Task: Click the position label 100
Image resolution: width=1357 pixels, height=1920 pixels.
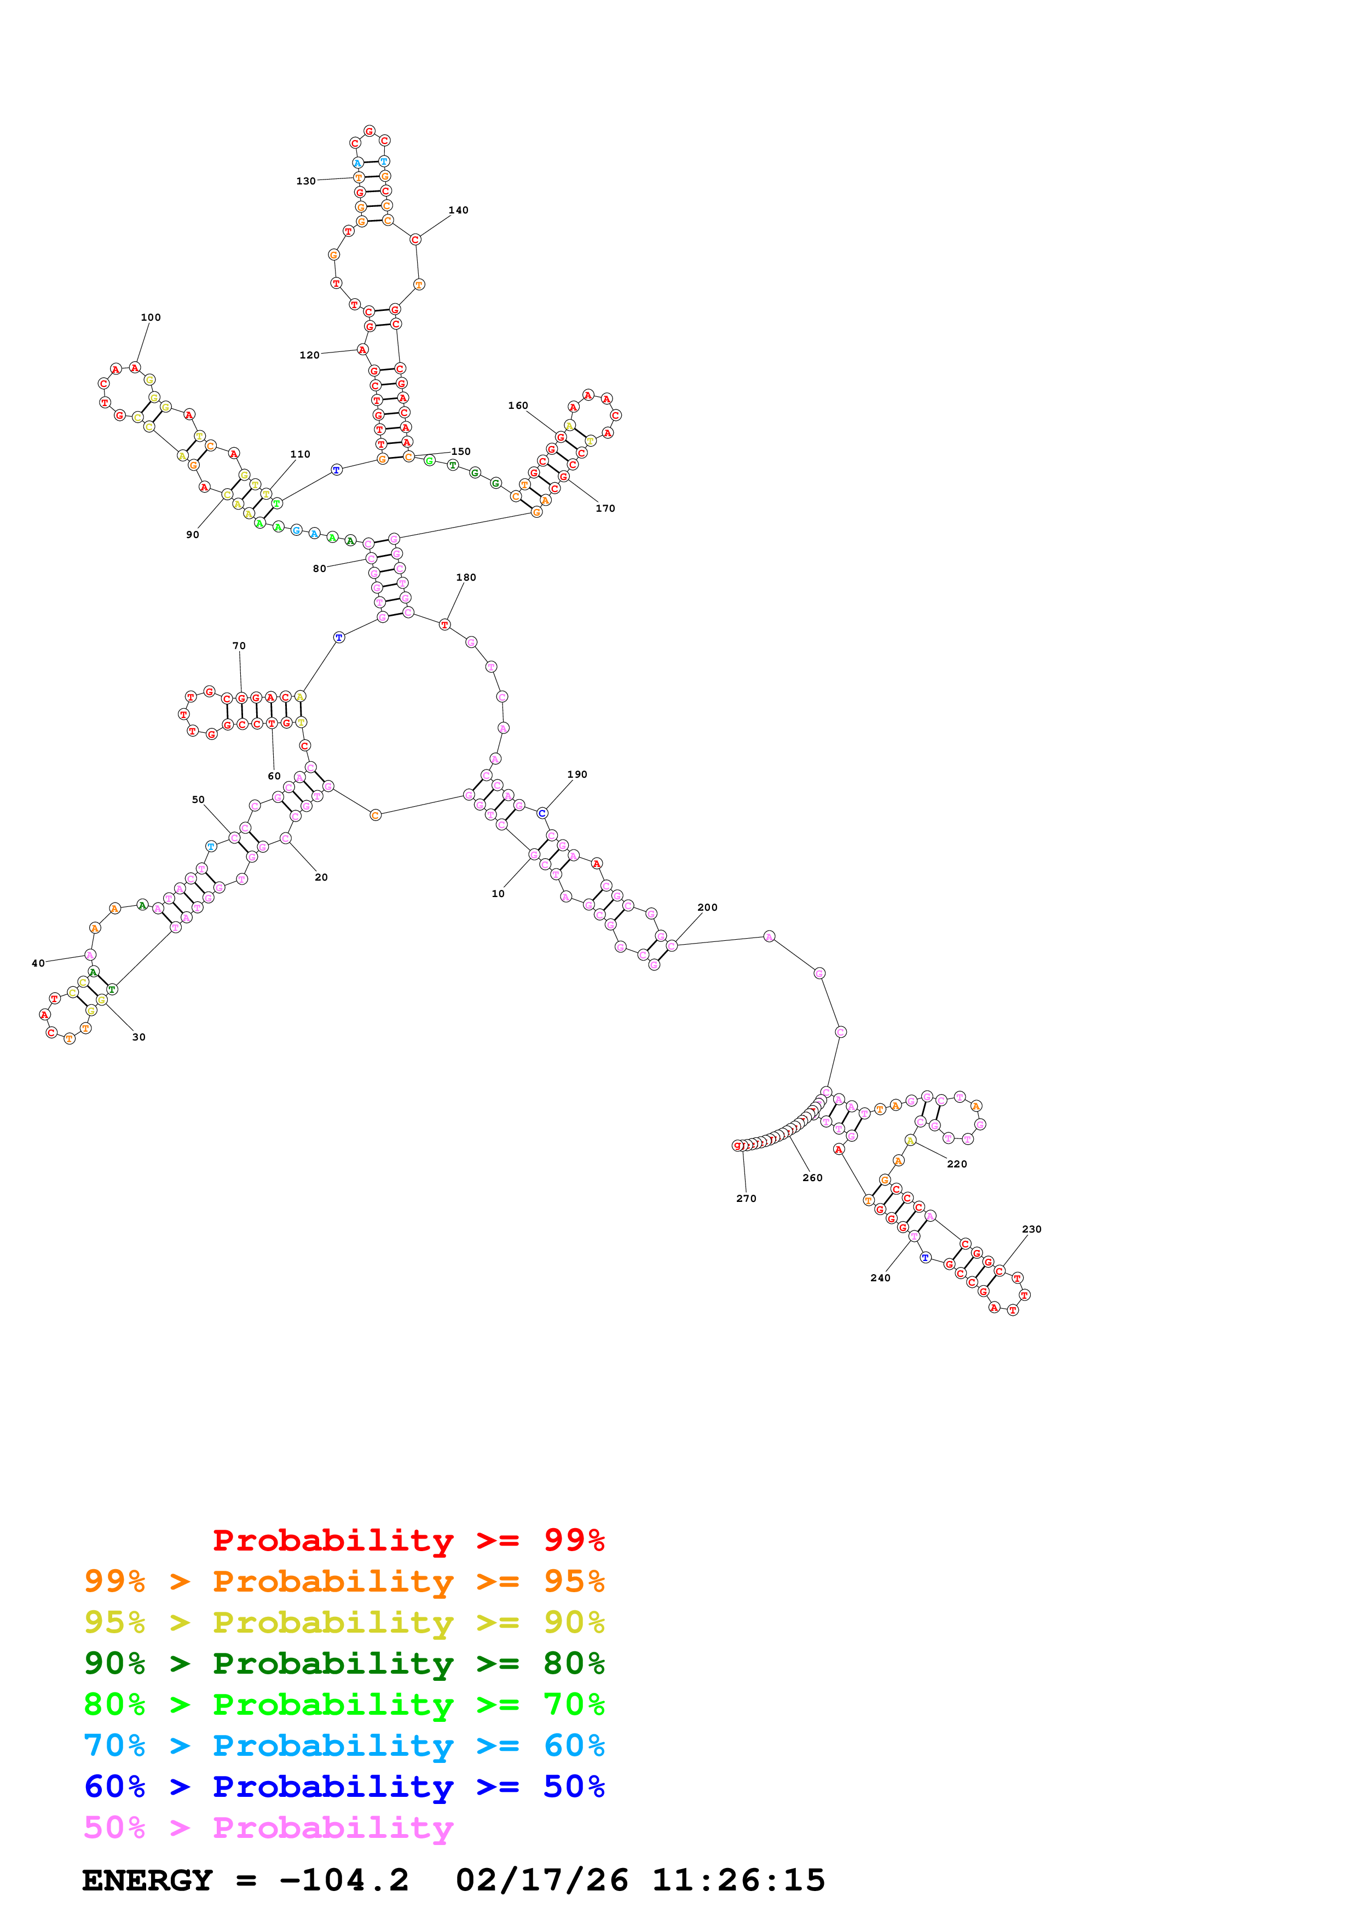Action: (151, 318)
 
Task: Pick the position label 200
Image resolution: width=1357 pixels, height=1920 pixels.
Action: (707, 907)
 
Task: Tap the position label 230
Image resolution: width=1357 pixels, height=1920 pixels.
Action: (1032, 1229)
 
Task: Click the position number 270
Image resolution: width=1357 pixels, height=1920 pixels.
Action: (746, 1198)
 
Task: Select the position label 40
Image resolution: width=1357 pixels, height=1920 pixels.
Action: (38, 963)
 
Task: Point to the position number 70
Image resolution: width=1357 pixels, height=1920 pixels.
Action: (239, 646)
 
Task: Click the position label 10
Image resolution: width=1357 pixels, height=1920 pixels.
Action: (498, 894)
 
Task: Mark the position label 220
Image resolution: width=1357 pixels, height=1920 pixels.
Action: (956, 1164)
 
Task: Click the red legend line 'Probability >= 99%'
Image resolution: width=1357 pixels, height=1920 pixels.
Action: (408, 1540)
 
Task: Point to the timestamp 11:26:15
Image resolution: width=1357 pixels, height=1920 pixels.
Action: (738, 1880)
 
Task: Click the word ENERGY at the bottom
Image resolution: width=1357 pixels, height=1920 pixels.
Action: (147, 1880)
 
